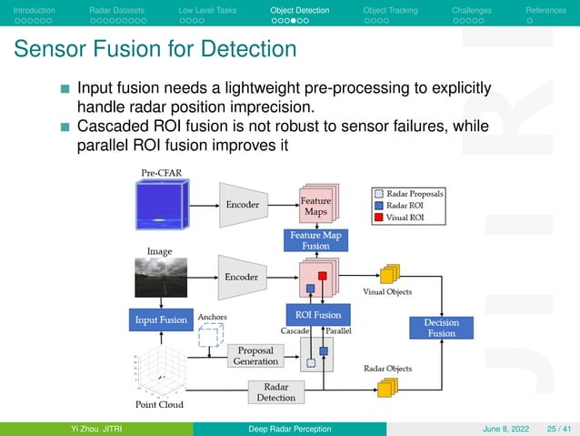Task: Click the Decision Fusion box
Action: pos(442,328)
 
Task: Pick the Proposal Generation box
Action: pos(255,356)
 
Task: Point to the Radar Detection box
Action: pos(275,392)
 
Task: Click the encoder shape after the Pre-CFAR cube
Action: pos(242,205)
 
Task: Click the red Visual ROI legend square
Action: pos(379,218)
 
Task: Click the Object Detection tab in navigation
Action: pos(300,10)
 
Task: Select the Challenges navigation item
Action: pos(471,10)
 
